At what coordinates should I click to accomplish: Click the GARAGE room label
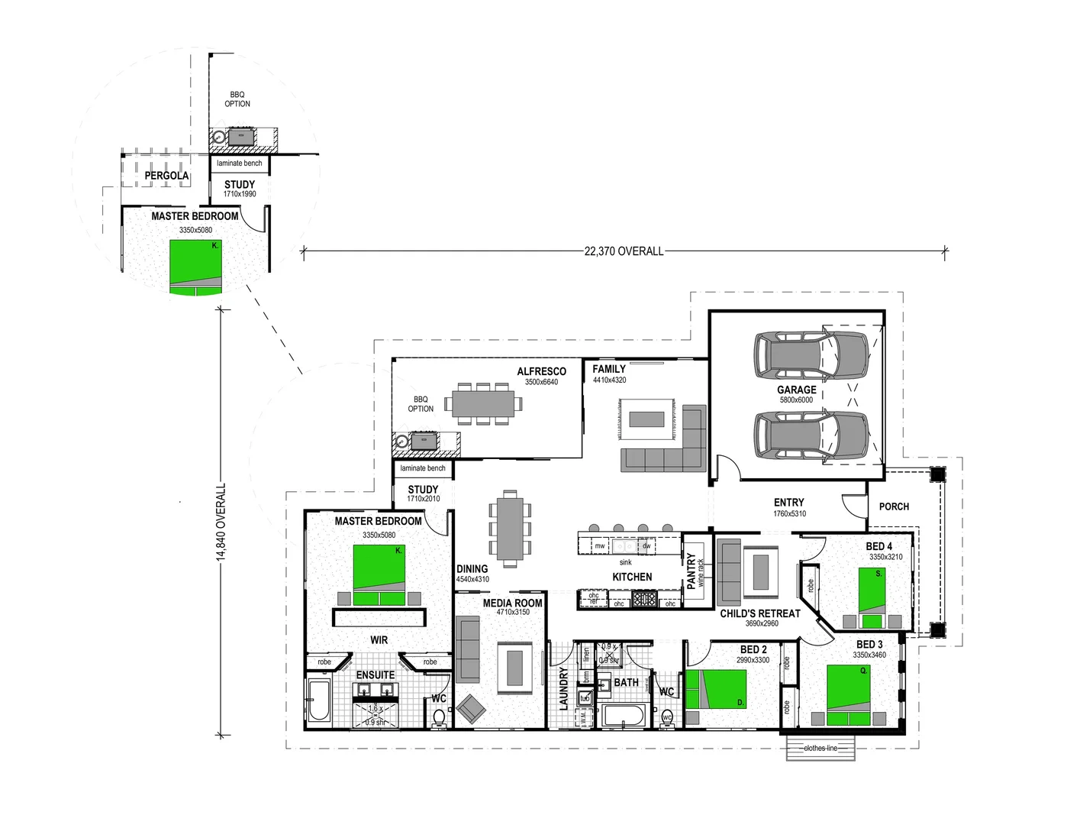point(796,390)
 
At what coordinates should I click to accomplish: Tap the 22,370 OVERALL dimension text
point(624,251)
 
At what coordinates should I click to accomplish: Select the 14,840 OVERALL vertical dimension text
point(221,522)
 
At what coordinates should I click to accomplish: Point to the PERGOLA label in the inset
point(166,176)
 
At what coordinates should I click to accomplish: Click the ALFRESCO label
point(541,371)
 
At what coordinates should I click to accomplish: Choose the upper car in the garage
point(811,355)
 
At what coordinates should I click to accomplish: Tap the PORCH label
point(894,506)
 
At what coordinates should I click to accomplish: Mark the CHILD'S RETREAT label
point(760,613)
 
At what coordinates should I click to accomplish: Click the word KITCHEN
point(632,577)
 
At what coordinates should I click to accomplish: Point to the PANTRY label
point(691,571)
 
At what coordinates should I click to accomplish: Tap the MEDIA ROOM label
point(512,603)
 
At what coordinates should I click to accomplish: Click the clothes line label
point(820,749)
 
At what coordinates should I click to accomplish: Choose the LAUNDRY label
point(563,688)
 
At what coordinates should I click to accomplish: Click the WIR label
point(379,640)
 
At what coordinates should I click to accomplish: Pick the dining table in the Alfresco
point(482,403)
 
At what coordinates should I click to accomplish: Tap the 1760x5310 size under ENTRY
point(789,514)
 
